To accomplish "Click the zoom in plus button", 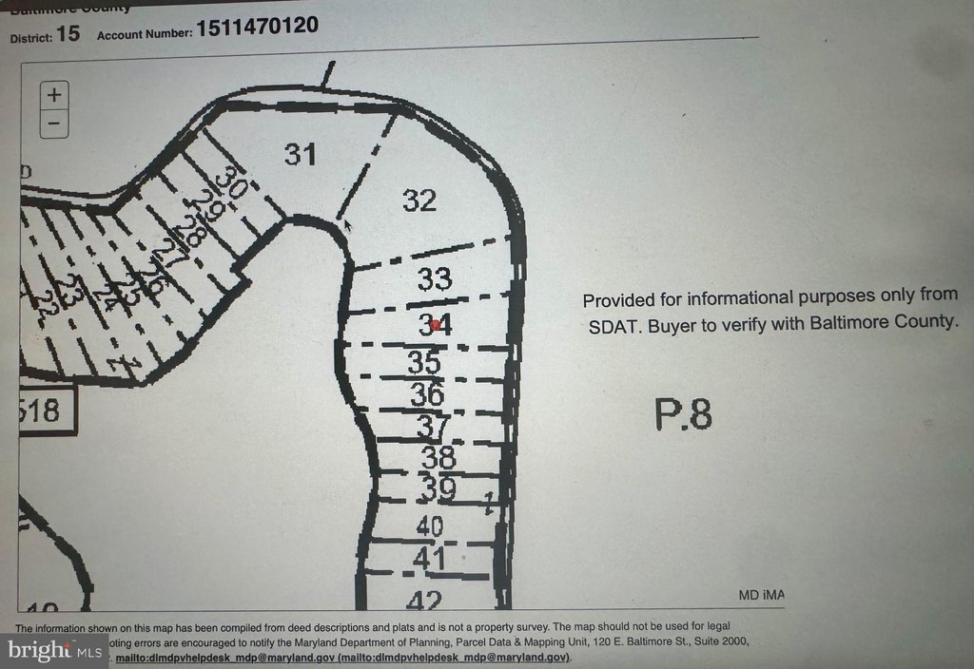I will [54, 94].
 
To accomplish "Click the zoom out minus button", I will [54, 122].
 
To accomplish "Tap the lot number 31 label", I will [300, 154].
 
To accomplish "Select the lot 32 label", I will [419, 201].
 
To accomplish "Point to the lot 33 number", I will [434, 279].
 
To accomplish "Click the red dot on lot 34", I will [436, 325].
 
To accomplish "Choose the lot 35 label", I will [424, 363].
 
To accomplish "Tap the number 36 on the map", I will [427, 392].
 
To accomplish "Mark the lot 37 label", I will [433, 427].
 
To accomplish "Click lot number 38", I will [438, 458].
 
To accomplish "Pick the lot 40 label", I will [430, 525].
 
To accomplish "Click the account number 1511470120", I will [257, 27].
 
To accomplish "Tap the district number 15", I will [68, 34].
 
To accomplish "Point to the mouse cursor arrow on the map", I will [348, 225].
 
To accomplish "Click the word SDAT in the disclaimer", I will [610, 322].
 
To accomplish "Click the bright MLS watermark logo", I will [54, 651].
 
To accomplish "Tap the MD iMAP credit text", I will [761, 595].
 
